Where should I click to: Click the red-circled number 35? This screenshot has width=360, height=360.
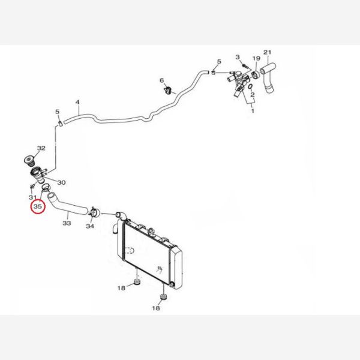[x=38, y=206]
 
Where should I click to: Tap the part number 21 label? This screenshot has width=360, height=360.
[x=267, y=52]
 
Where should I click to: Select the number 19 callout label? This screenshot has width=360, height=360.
[x=256, y=58]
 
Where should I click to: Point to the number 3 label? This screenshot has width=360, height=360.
[x=238, y=57]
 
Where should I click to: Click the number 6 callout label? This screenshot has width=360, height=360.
[x=162, y=80]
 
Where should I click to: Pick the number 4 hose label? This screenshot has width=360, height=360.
[x=77, y=102]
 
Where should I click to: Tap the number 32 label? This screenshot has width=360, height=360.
[x=41, y=148]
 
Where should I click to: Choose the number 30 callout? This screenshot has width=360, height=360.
[x=61, y=182]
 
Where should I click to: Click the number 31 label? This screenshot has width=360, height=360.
[x=32, y=197]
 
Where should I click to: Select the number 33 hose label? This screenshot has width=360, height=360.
[x=67, y=223]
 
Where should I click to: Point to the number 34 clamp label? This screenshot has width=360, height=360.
[x=90, y=226]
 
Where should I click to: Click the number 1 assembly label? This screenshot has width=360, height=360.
[x=253, y=111]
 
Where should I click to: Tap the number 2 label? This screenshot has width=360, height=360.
[x=253, y=94]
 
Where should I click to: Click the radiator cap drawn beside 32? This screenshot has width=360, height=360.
[x=29, y=161]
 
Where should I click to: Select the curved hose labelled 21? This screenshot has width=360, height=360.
[x=268, y=77]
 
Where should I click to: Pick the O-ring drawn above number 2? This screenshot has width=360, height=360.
[x=251, y=86]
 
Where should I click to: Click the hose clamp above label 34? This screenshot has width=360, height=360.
[x=94, y=212]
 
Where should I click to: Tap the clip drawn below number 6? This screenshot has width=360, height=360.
[x=169, y=90]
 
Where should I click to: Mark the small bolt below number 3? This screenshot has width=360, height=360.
[x=245, y=66]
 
